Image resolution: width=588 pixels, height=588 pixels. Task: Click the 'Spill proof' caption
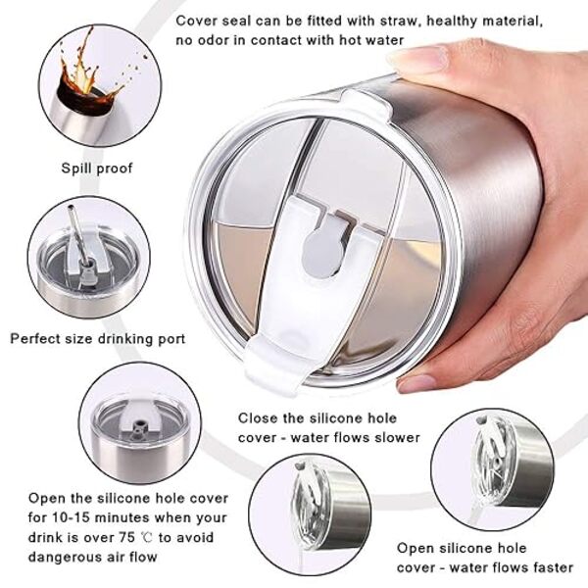point(97,168)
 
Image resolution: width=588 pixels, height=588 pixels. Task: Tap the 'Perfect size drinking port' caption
point(97,339)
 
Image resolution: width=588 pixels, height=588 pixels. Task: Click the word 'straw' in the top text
point(398,21)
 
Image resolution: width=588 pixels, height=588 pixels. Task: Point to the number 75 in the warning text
point(126,537)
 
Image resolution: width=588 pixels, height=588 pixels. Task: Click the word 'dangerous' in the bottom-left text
point(65,557)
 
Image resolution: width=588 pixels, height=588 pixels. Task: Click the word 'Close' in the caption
point(259,417)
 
